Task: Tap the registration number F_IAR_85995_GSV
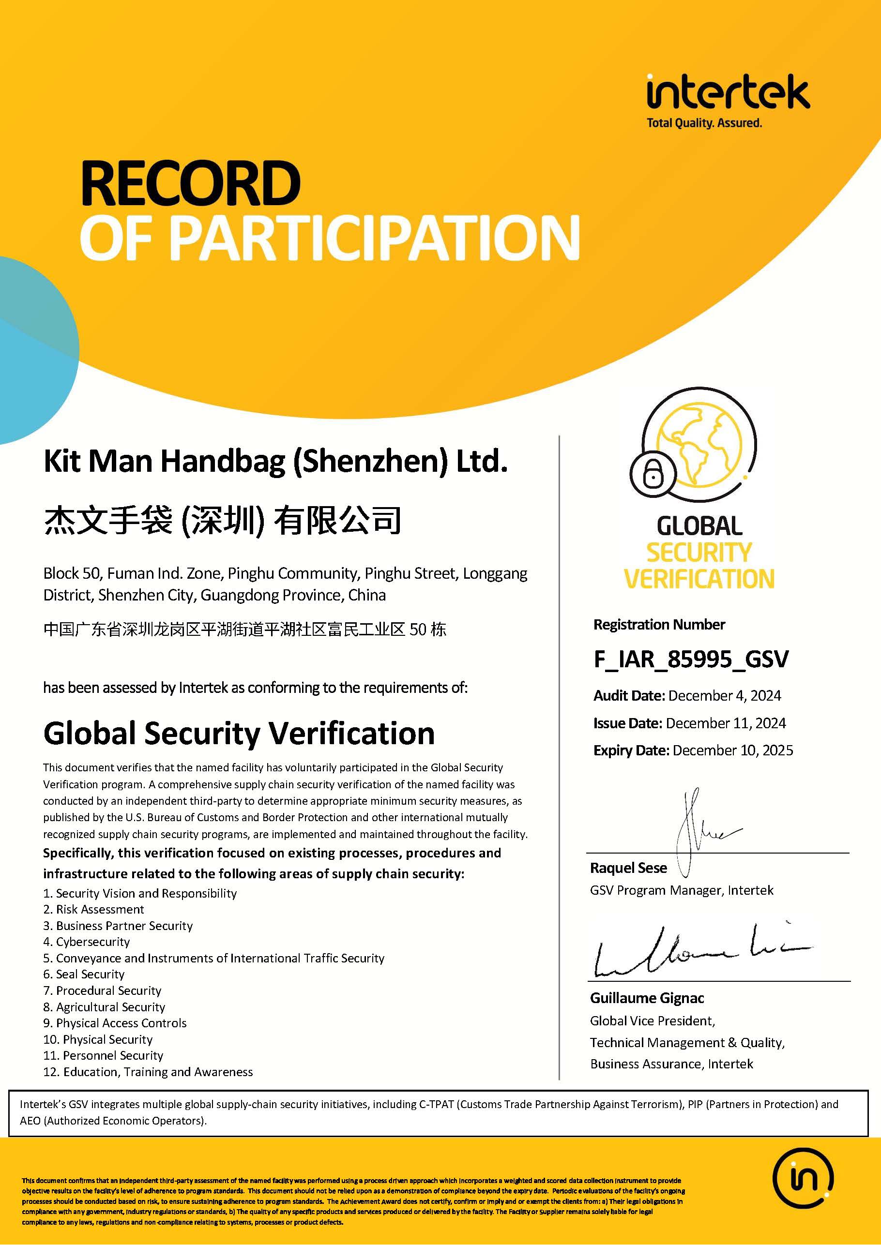691,660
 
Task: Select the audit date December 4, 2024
724,696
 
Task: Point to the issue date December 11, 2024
725,723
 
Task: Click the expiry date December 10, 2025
732,750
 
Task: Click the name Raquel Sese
628,868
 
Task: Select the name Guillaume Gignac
647,998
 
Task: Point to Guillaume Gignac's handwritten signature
700,952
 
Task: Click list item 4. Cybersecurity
87,942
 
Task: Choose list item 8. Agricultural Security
104,1007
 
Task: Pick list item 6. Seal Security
84,975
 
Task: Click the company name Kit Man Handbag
275,462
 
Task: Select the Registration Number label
659,625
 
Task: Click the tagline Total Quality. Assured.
704,123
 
